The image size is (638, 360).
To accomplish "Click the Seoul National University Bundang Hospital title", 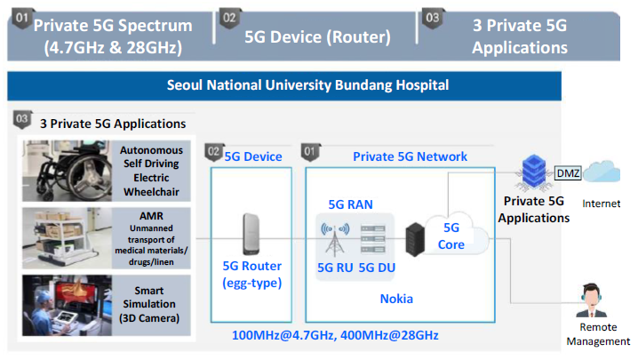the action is [307, 85].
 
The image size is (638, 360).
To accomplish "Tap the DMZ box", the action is [568, 173].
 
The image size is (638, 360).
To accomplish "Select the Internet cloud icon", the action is [602, 172].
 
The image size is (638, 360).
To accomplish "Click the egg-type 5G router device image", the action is [251, 234].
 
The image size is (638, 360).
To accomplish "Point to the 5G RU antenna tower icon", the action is [335, 239].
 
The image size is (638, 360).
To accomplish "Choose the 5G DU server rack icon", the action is [373, 239].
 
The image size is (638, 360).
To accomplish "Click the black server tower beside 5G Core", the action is [415, 239].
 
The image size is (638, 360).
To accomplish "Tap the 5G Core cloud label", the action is [451, 236].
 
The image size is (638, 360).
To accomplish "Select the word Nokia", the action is [396, 299].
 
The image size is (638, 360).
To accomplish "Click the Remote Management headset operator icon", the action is [592, 300].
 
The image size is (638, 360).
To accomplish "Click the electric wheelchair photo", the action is [67, 171].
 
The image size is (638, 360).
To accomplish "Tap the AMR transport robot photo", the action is [67, 238].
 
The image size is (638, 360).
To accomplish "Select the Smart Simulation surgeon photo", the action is [67, 306].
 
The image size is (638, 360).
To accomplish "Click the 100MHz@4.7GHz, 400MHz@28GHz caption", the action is [335, 335].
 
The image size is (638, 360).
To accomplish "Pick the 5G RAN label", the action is [350, 204].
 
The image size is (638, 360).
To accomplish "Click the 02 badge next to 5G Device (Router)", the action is [229, 19].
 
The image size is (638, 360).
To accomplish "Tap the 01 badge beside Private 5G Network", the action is [310, 152].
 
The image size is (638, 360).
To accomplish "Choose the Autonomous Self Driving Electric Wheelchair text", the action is [151, 171].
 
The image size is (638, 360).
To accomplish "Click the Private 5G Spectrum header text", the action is [113, 36].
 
